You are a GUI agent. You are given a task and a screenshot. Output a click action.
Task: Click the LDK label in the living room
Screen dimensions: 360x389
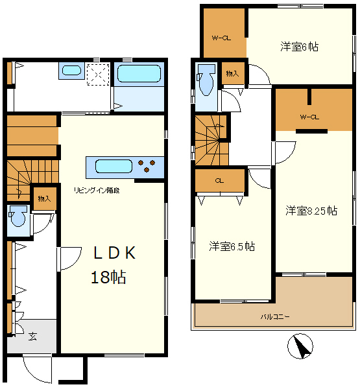pos(114,253)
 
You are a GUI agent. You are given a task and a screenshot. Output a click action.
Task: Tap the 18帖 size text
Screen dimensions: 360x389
pos(108,277)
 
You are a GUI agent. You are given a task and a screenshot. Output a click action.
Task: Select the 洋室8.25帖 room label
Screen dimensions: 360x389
pos(311,211)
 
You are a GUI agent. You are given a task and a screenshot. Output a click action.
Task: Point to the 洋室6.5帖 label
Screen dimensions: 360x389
pos(232,246)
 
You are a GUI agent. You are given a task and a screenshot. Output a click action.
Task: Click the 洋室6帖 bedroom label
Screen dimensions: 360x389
pos(300,47)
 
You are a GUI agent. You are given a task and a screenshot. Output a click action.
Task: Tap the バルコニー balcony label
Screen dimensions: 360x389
pos(275,317)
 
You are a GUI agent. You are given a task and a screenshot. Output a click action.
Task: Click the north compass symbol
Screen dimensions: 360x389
pos(300,346)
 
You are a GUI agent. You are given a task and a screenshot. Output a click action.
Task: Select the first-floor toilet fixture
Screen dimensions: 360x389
pos(18,216)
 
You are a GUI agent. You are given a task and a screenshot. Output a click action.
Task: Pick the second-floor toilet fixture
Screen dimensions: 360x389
pos(206,79)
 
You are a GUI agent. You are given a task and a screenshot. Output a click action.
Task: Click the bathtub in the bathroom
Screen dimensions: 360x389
pos(139,73)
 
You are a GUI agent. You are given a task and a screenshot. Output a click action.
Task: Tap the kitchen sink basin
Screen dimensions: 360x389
pos(114,166)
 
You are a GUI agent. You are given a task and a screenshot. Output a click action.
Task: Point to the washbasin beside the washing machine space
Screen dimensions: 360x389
pos(71,70)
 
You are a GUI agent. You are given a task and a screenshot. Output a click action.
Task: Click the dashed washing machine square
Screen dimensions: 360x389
pos(99,74)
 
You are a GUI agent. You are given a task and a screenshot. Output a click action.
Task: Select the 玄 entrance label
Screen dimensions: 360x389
pos(32,336)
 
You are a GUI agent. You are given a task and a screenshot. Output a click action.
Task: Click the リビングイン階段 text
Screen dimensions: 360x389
pos(97,190)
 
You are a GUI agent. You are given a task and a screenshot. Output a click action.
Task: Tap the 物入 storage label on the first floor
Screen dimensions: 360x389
pos(45,199)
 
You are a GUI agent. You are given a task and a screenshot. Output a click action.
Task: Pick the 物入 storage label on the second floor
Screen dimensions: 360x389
pos(232,73)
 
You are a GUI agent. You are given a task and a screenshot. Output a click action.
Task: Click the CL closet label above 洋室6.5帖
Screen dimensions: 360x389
pos(219,181)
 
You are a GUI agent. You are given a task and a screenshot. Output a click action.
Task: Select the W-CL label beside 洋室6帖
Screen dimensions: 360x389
pos(221,38)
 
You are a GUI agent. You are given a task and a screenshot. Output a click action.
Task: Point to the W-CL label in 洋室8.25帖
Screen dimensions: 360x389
pos(309,117)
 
